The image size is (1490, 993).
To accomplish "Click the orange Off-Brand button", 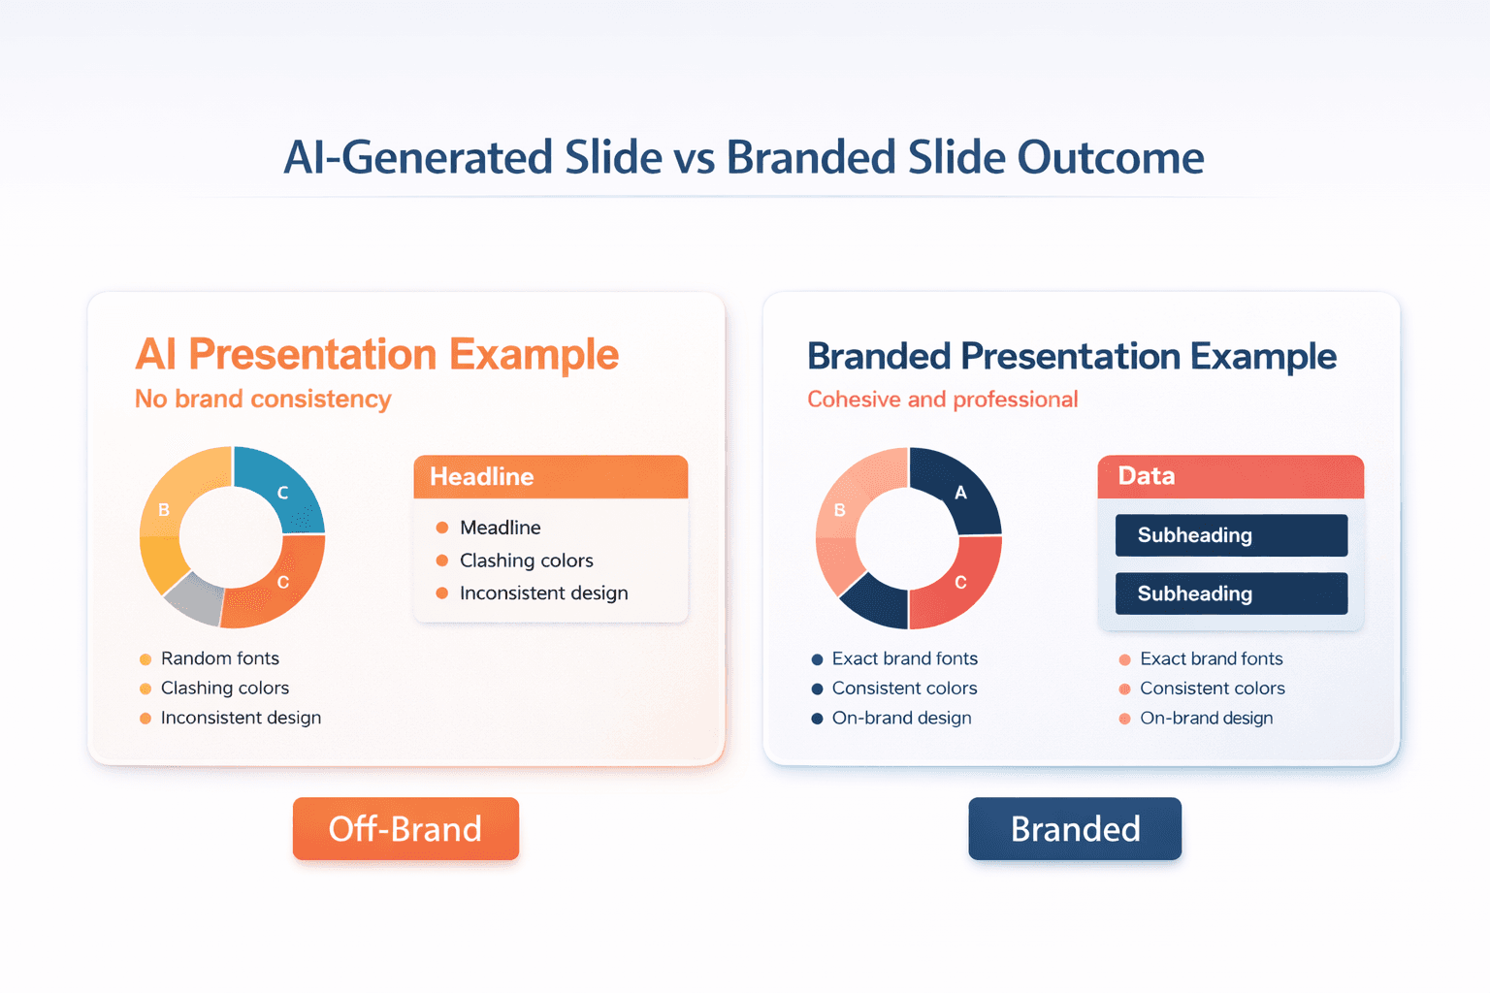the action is click(x=405, y=828).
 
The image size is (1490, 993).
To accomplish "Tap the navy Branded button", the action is click(x=1075, y=828).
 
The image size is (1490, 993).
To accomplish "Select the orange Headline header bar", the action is click(x=551, y=477).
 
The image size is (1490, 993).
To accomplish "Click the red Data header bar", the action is click(x=1231, y=477).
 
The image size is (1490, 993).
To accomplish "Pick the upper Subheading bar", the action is click(x=1232, y=534).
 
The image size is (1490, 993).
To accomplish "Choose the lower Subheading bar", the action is click(x=1232, y=593).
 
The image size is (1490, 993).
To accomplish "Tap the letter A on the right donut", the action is click(x=960, y=493).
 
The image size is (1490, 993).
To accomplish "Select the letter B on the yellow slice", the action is click(x=164, y=510).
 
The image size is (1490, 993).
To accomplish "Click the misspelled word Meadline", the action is click(x=501, y=528).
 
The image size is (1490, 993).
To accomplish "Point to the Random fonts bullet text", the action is click(x=220, y=658).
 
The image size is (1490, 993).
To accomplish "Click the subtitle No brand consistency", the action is click(x=263, y=400).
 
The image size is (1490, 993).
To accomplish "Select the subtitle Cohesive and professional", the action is click(x=943, y=400).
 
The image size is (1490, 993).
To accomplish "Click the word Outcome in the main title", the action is click(x=1110, y=158).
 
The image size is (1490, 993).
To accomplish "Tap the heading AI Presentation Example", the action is click(x=377, y=354).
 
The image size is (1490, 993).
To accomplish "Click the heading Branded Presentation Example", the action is click(x=1072, y=356).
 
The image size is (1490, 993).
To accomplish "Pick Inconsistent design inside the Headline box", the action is click(x=543, y=593).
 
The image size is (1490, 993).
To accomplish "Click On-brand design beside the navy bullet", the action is click(x=901, y=719).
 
